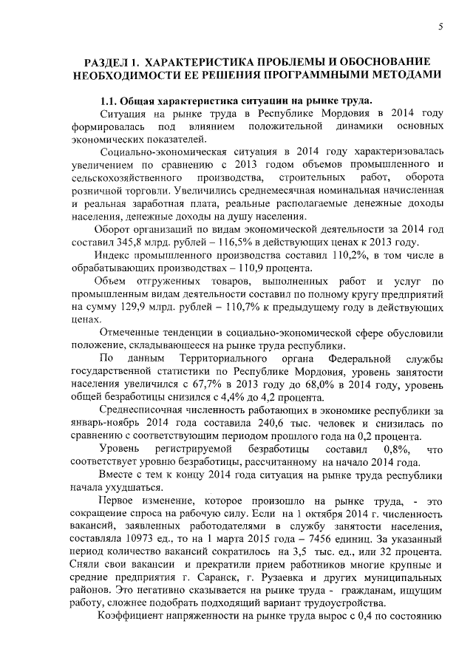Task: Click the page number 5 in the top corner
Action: [x=440, y=27]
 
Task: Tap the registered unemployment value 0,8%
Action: [x=398, y=450]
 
